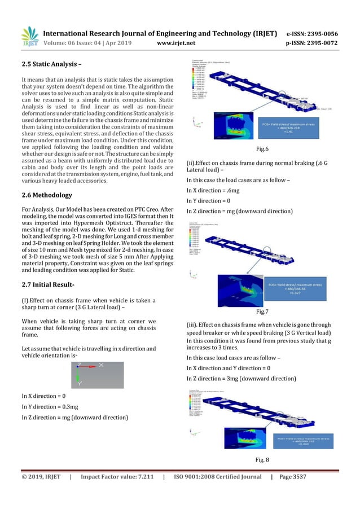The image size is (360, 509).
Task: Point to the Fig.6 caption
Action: [261, 148]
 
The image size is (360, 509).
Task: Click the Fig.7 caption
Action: [261, 310]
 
